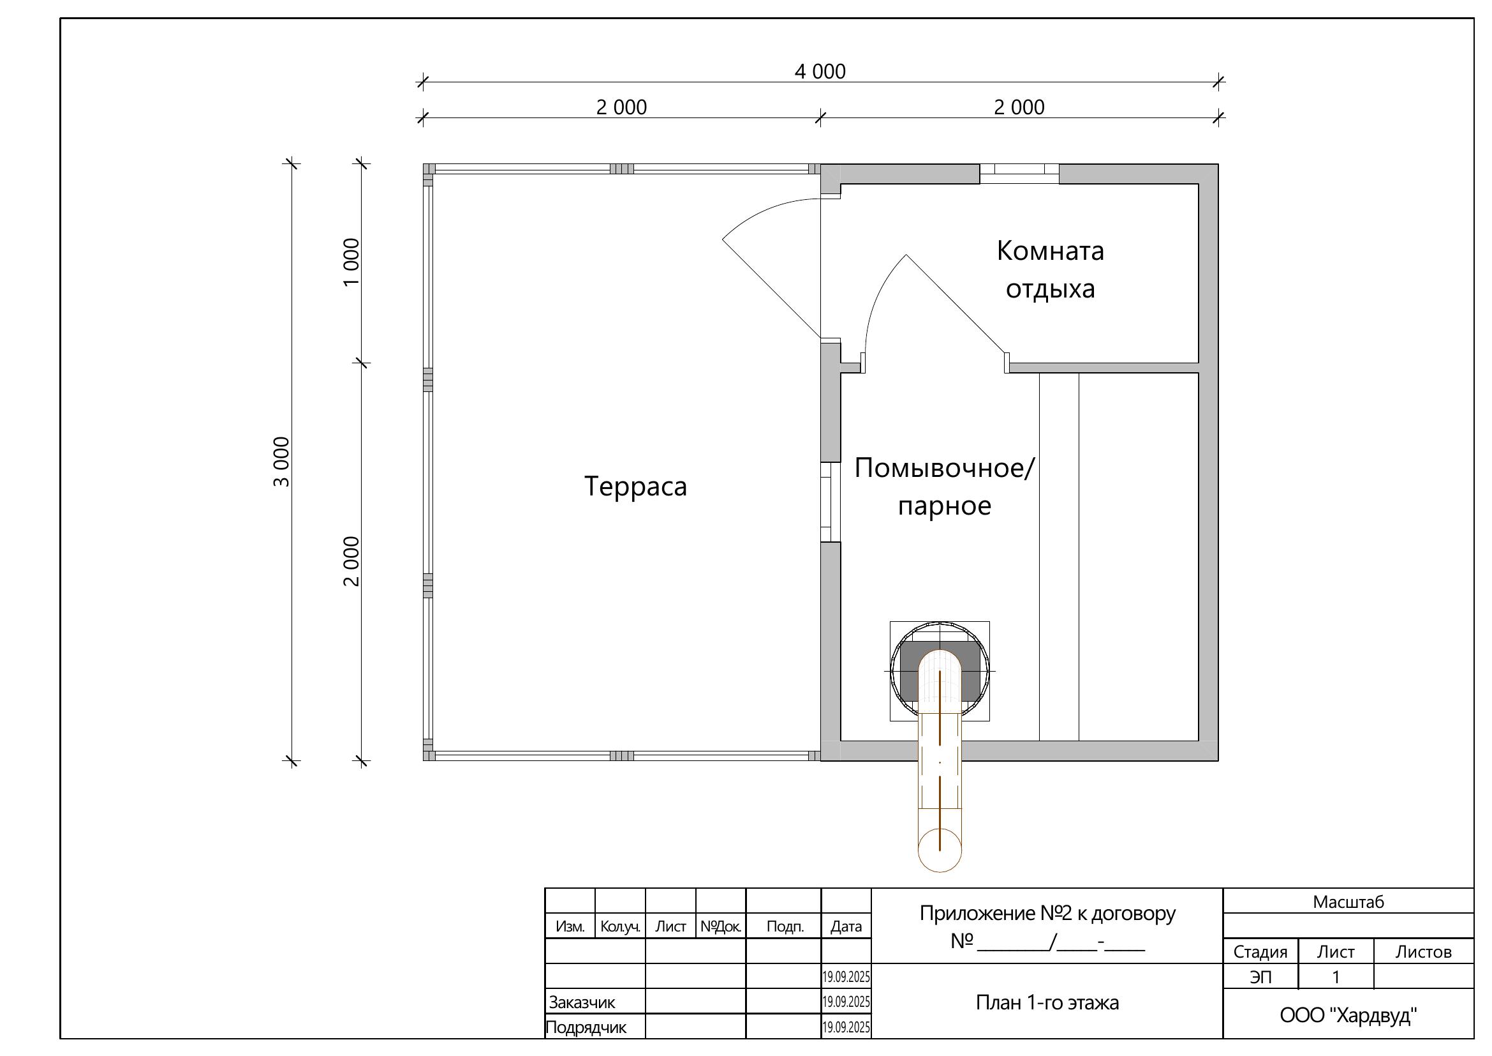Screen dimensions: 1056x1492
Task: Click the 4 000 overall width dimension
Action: pos(820,72)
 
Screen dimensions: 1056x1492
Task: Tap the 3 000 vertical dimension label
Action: pos(281,461)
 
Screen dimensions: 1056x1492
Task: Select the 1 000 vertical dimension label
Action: pos(351,262)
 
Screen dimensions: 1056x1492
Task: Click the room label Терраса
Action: pos(635,487)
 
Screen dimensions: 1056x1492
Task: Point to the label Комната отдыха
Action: pos(1049,269)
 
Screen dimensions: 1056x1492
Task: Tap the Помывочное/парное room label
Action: pos(943,487)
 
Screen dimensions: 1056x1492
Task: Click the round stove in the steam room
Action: pos(940,671)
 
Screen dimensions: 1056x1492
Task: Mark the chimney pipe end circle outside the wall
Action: pos(940,850)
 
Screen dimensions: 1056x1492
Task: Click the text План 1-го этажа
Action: pos(1047,1002)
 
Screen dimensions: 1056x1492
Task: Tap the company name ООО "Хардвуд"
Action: pos(1348,1015)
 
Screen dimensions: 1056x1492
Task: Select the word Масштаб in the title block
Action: pos(1348,902)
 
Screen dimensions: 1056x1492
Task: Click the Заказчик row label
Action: pos(582,1002)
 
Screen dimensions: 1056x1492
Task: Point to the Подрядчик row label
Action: pos(586,1027)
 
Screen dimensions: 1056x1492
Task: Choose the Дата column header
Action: pos(845,926)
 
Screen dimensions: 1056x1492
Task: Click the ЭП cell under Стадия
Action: pos(1260,977)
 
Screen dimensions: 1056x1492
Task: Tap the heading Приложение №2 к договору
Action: pos(1047,914)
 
